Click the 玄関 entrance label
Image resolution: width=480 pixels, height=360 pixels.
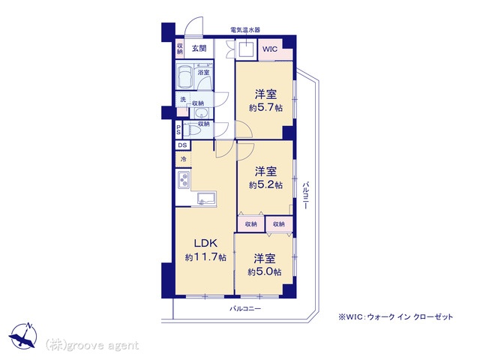[x=199, y=48]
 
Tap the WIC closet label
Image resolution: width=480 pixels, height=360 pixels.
[x=270, y=49]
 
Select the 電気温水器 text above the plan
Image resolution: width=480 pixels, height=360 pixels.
[x=245, y=30]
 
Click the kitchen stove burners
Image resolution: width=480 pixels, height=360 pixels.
[x=184, y=180]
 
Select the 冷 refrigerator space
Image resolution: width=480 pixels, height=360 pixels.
[x=184, y=159]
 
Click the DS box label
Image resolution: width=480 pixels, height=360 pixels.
[x=183, y=145]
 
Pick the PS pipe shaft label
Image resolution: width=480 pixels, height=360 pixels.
[x=178, y=130]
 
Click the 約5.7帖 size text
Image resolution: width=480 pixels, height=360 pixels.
[x=265, y=108]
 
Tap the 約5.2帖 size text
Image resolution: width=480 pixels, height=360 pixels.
[x=265, y=185]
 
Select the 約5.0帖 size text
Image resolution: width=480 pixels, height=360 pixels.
[x=265, y=271]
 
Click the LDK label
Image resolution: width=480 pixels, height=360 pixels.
[x=205, y=243]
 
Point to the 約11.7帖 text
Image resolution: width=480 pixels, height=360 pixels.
[x=205, y=257]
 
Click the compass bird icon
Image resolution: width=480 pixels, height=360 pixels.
[x=23, y=335]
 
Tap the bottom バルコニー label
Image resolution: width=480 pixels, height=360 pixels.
[x=245, y=308]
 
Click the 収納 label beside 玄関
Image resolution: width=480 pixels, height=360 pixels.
[x=180, y=49]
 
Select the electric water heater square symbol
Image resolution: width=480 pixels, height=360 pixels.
[x=247, y=49]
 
